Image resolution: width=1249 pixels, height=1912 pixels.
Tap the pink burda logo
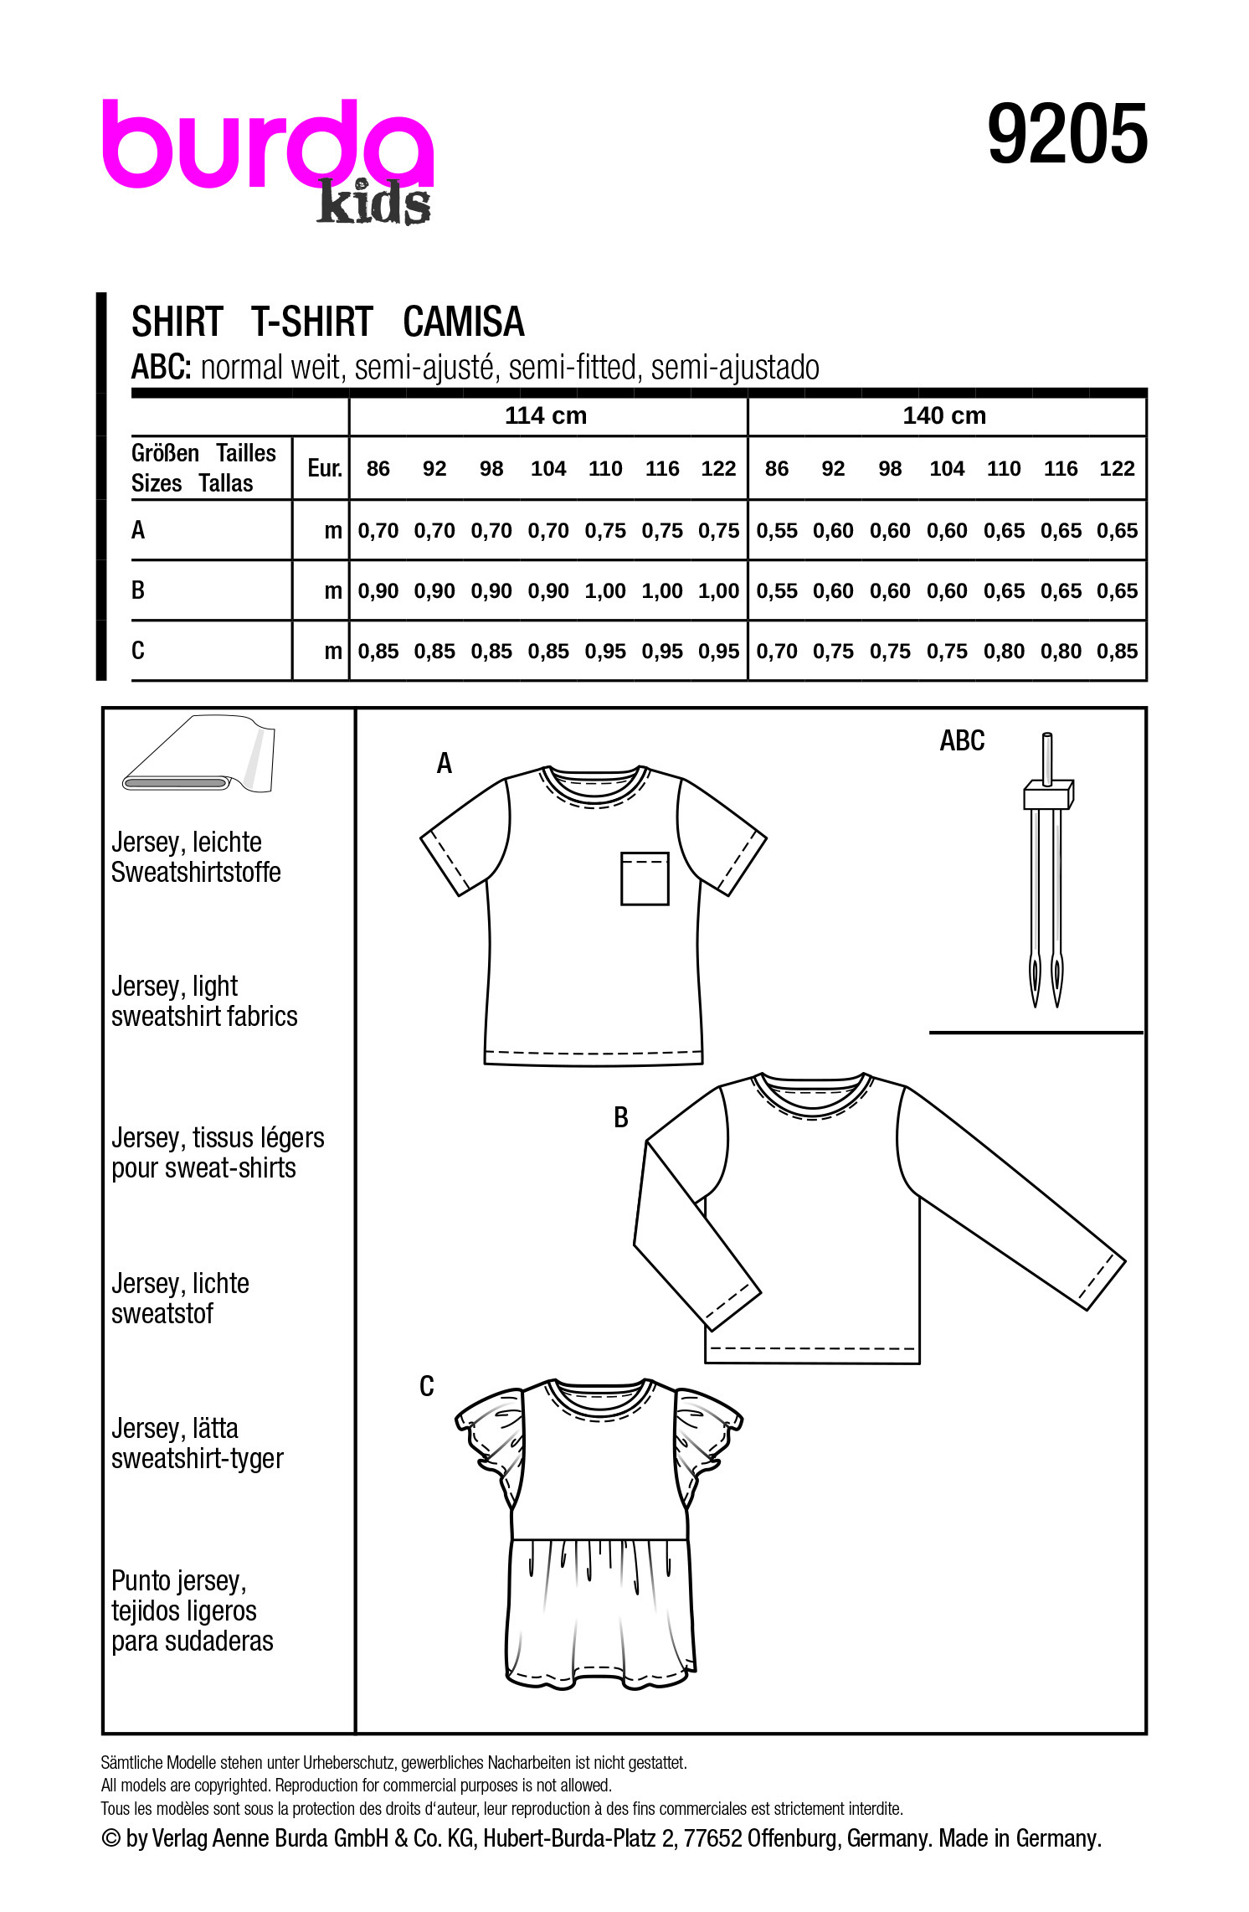[266, 144]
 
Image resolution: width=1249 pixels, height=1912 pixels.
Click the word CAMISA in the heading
[463, 322]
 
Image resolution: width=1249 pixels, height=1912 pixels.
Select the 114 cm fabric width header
[546, 415]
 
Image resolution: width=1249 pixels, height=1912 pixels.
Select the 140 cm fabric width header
[944, 415]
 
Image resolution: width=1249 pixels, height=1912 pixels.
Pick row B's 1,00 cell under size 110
[605, 591]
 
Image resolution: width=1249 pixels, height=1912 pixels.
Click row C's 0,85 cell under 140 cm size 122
[1117, 652]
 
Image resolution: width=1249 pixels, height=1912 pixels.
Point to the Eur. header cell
[324, 468]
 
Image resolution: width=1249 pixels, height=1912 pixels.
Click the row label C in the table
[138, 651]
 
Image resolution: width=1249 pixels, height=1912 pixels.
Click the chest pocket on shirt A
[644, 879]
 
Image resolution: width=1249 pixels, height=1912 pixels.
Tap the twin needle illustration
[1046, 871]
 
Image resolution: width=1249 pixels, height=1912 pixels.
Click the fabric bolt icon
[198, 755]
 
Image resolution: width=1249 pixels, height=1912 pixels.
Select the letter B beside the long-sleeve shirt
[620, 1117]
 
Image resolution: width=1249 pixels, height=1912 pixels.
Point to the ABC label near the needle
[962, 741]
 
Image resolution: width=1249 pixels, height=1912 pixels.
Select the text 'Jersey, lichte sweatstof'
[180, 1298]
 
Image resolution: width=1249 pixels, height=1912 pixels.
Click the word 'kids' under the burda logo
[373, 204]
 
